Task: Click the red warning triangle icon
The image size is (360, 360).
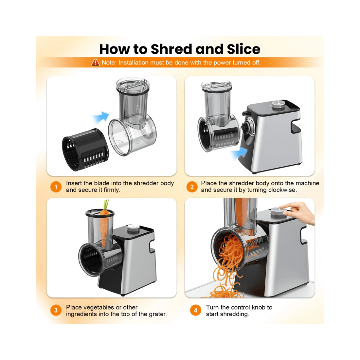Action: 95,62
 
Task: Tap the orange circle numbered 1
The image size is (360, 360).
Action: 56,187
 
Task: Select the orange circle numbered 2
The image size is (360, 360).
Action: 192,187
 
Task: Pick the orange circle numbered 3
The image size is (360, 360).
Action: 56,310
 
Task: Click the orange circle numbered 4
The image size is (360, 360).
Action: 196,310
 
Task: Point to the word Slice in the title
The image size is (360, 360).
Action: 243,49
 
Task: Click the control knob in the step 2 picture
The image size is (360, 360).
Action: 279,104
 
